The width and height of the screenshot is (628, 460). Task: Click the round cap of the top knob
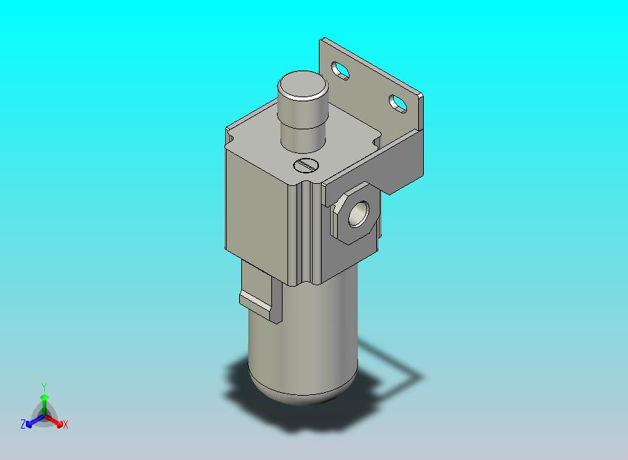[x=303, y=88]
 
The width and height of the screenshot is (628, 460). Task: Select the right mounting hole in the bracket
[x=398, y=103]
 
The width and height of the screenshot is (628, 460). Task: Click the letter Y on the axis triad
[x=43, y=387]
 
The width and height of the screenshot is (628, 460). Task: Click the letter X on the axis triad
[x=66, y=424]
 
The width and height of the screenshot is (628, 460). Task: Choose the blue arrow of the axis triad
[x=31, y=421]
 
